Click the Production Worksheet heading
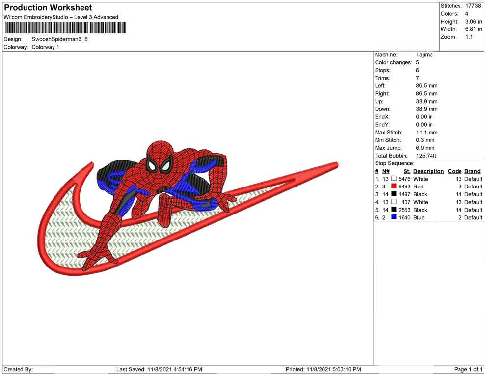[x=48, y=8]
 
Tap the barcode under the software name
[x=65, y=27]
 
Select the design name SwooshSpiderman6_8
[x=59, y=39]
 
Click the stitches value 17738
[x=473, y=6]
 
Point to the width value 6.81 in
[x=473, y=29]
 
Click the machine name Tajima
[x=424, y=55]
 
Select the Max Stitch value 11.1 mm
[x=427, y=133]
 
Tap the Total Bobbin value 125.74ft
[x=426, y=156]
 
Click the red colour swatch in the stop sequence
[x=394, y=186]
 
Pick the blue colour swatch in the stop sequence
[x=394, y=217]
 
